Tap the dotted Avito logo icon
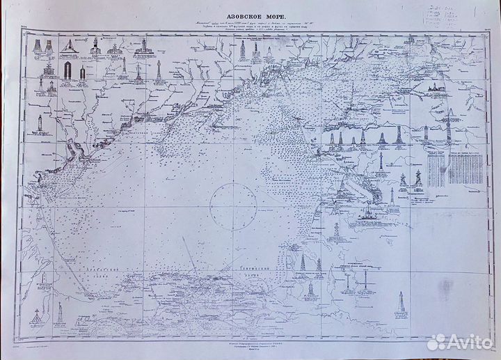pyautogui.click(x=436, y=342)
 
